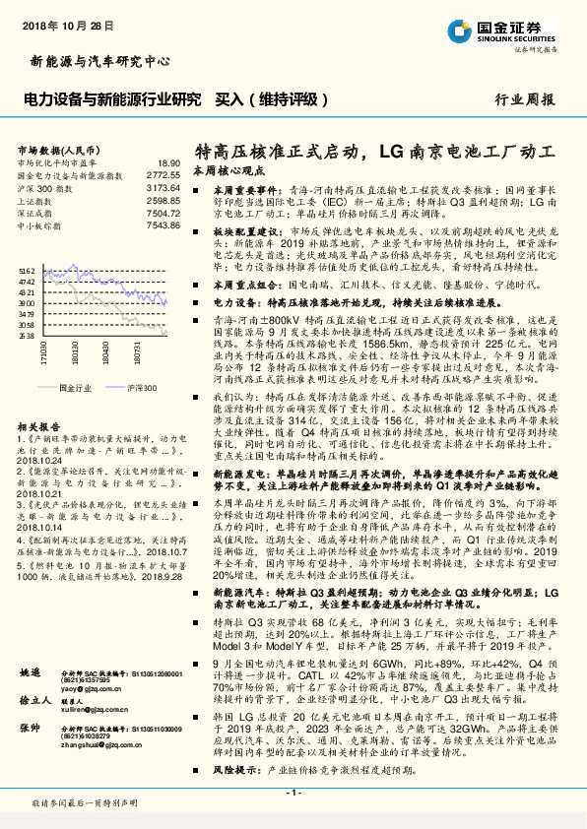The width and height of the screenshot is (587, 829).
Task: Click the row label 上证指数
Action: [x=35, y=199]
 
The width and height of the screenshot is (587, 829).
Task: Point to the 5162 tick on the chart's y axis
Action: [x=27, y=270]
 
